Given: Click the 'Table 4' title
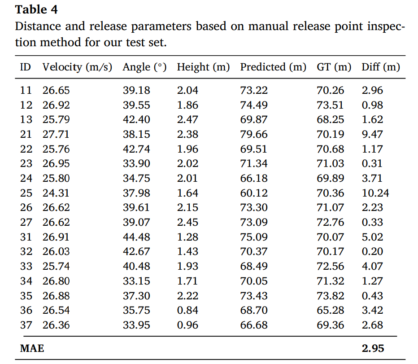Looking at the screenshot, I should (36, 9).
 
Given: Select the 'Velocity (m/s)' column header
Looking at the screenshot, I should (77, 67).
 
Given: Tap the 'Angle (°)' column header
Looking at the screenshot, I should (144, 67).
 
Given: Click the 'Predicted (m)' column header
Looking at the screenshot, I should (273, 67).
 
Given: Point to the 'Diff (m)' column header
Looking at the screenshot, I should (381, 67).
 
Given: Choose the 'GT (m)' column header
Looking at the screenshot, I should (334, 67).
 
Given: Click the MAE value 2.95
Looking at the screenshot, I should (373, 348).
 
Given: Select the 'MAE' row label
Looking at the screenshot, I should (32, 348).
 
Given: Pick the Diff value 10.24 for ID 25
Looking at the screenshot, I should (375, 193).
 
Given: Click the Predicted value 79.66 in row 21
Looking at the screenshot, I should (254, 134).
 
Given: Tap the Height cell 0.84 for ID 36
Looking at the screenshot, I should (187, 310).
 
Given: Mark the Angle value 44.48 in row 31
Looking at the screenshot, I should (136, 237).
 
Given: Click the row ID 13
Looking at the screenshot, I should (26, 120).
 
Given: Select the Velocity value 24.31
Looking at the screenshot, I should (56, 193).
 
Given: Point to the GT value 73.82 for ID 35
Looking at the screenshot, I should (331, 296).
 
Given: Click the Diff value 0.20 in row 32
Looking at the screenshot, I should (373, 252).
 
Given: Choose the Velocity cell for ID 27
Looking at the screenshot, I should (56, 222).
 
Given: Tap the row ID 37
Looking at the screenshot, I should (26, 325).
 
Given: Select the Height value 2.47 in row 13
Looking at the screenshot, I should (187, 120).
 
